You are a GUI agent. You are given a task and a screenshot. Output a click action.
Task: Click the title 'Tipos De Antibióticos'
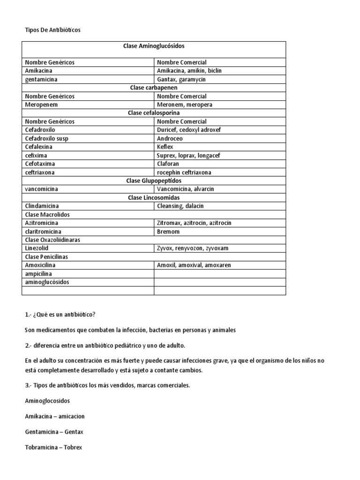click(52, 30)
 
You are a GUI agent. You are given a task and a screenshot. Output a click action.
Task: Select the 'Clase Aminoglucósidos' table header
click(154, 46)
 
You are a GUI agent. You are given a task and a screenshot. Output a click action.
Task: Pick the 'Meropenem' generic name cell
click(42, 105)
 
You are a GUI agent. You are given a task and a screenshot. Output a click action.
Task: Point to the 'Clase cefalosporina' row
click(154, 113)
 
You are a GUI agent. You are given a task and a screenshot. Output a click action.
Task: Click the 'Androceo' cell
click(170, 139)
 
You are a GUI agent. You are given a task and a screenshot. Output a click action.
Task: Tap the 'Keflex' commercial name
click(165, 147)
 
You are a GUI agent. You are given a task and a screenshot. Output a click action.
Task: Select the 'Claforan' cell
click(169, 164)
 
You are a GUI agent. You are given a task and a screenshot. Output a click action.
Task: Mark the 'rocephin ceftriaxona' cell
click(184, 172)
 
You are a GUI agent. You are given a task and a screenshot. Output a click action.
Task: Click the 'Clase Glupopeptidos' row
click(154, 180)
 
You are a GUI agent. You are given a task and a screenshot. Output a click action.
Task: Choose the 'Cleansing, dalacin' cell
click(180, 206)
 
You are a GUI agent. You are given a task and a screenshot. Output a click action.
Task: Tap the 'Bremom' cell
click(168, 232)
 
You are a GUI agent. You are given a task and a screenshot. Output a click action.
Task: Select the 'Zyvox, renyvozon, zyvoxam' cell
click(193, 248)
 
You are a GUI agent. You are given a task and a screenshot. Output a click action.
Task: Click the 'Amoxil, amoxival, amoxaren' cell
click(194, 265)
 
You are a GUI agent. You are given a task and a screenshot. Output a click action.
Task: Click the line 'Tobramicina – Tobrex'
click(53, 447)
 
